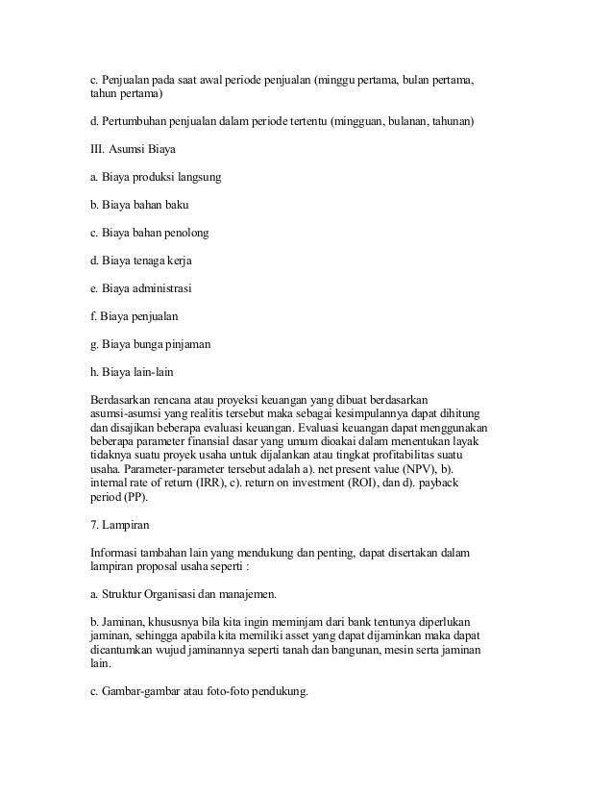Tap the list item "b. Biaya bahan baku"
tap(138, 205)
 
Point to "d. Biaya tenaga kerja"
tap(142, 261)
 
